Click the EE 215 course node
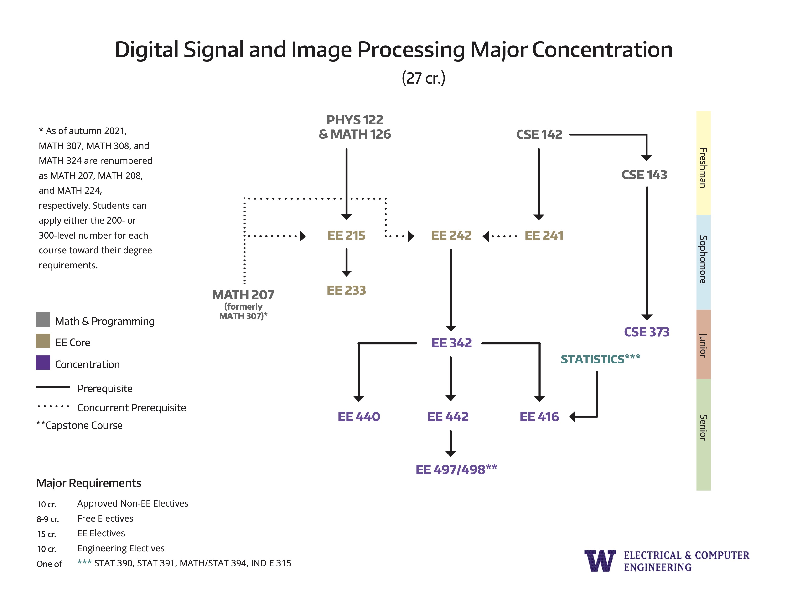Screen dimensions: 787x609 click(346, 235)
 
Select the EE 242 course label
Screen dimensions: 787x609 click(451, 235)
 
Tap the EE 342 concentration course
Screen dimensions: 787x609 click(451, 343)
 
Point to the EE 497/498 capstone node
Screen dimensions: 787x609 click(456, 469)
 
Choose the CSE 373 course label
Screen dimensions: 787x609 click(647, 332)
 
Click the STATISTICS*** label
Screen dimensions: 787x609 click(600, 359)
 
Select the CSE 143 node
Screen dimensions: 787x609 click(644, 175)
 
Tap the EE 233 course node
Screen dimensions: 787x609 click(346, 290)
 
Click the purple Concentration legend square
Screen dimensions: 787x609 click(43, 363)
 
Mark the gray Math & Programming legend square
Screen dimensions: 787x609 click(43, 320)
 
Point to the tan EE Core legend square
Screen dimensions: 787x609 click(43, 341)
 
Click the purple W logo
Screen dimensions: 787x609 click(600, 561)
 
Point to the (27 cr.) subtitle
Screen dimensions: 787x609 click(423, 78)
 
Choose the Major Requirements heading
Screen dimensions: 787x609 click(89, 483)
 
